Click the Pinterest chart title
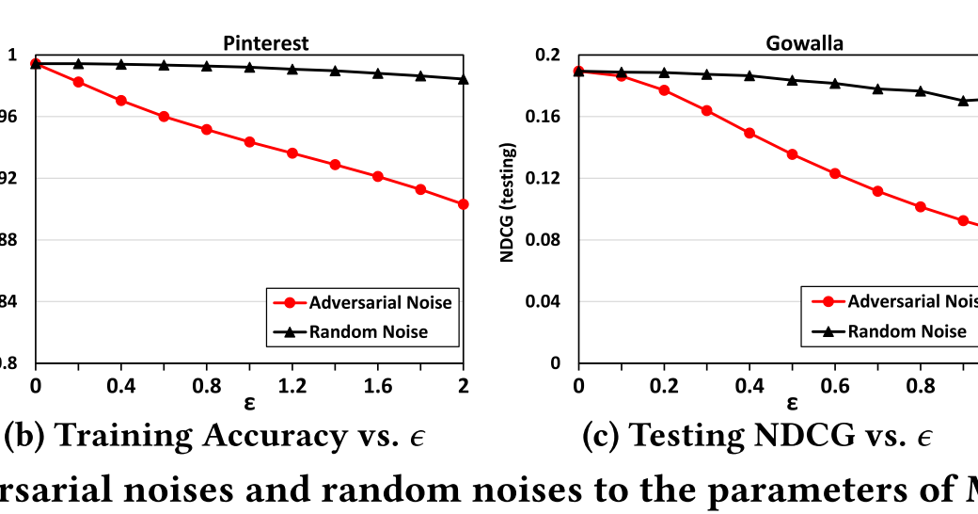pos(265,43)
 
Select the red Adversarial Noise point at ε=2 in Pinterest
pos(463,203)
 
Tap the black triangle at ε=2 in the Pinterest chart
pos(463,79)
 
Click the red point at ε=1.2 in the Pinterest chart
pos(292,153)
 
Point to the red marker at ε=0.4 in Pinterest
pos(121,100)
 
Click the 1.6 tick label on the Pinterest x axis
pos(377,384)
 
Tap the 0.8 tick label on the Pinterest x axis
pos(207,384)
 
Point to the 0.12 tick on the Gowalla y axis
pos(550,178)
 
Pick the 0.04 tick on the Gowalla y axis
pos(550,301)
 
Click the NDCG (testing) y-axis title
pos(508,202)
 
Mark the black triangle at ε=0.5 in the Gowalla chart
pos(792,80)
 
